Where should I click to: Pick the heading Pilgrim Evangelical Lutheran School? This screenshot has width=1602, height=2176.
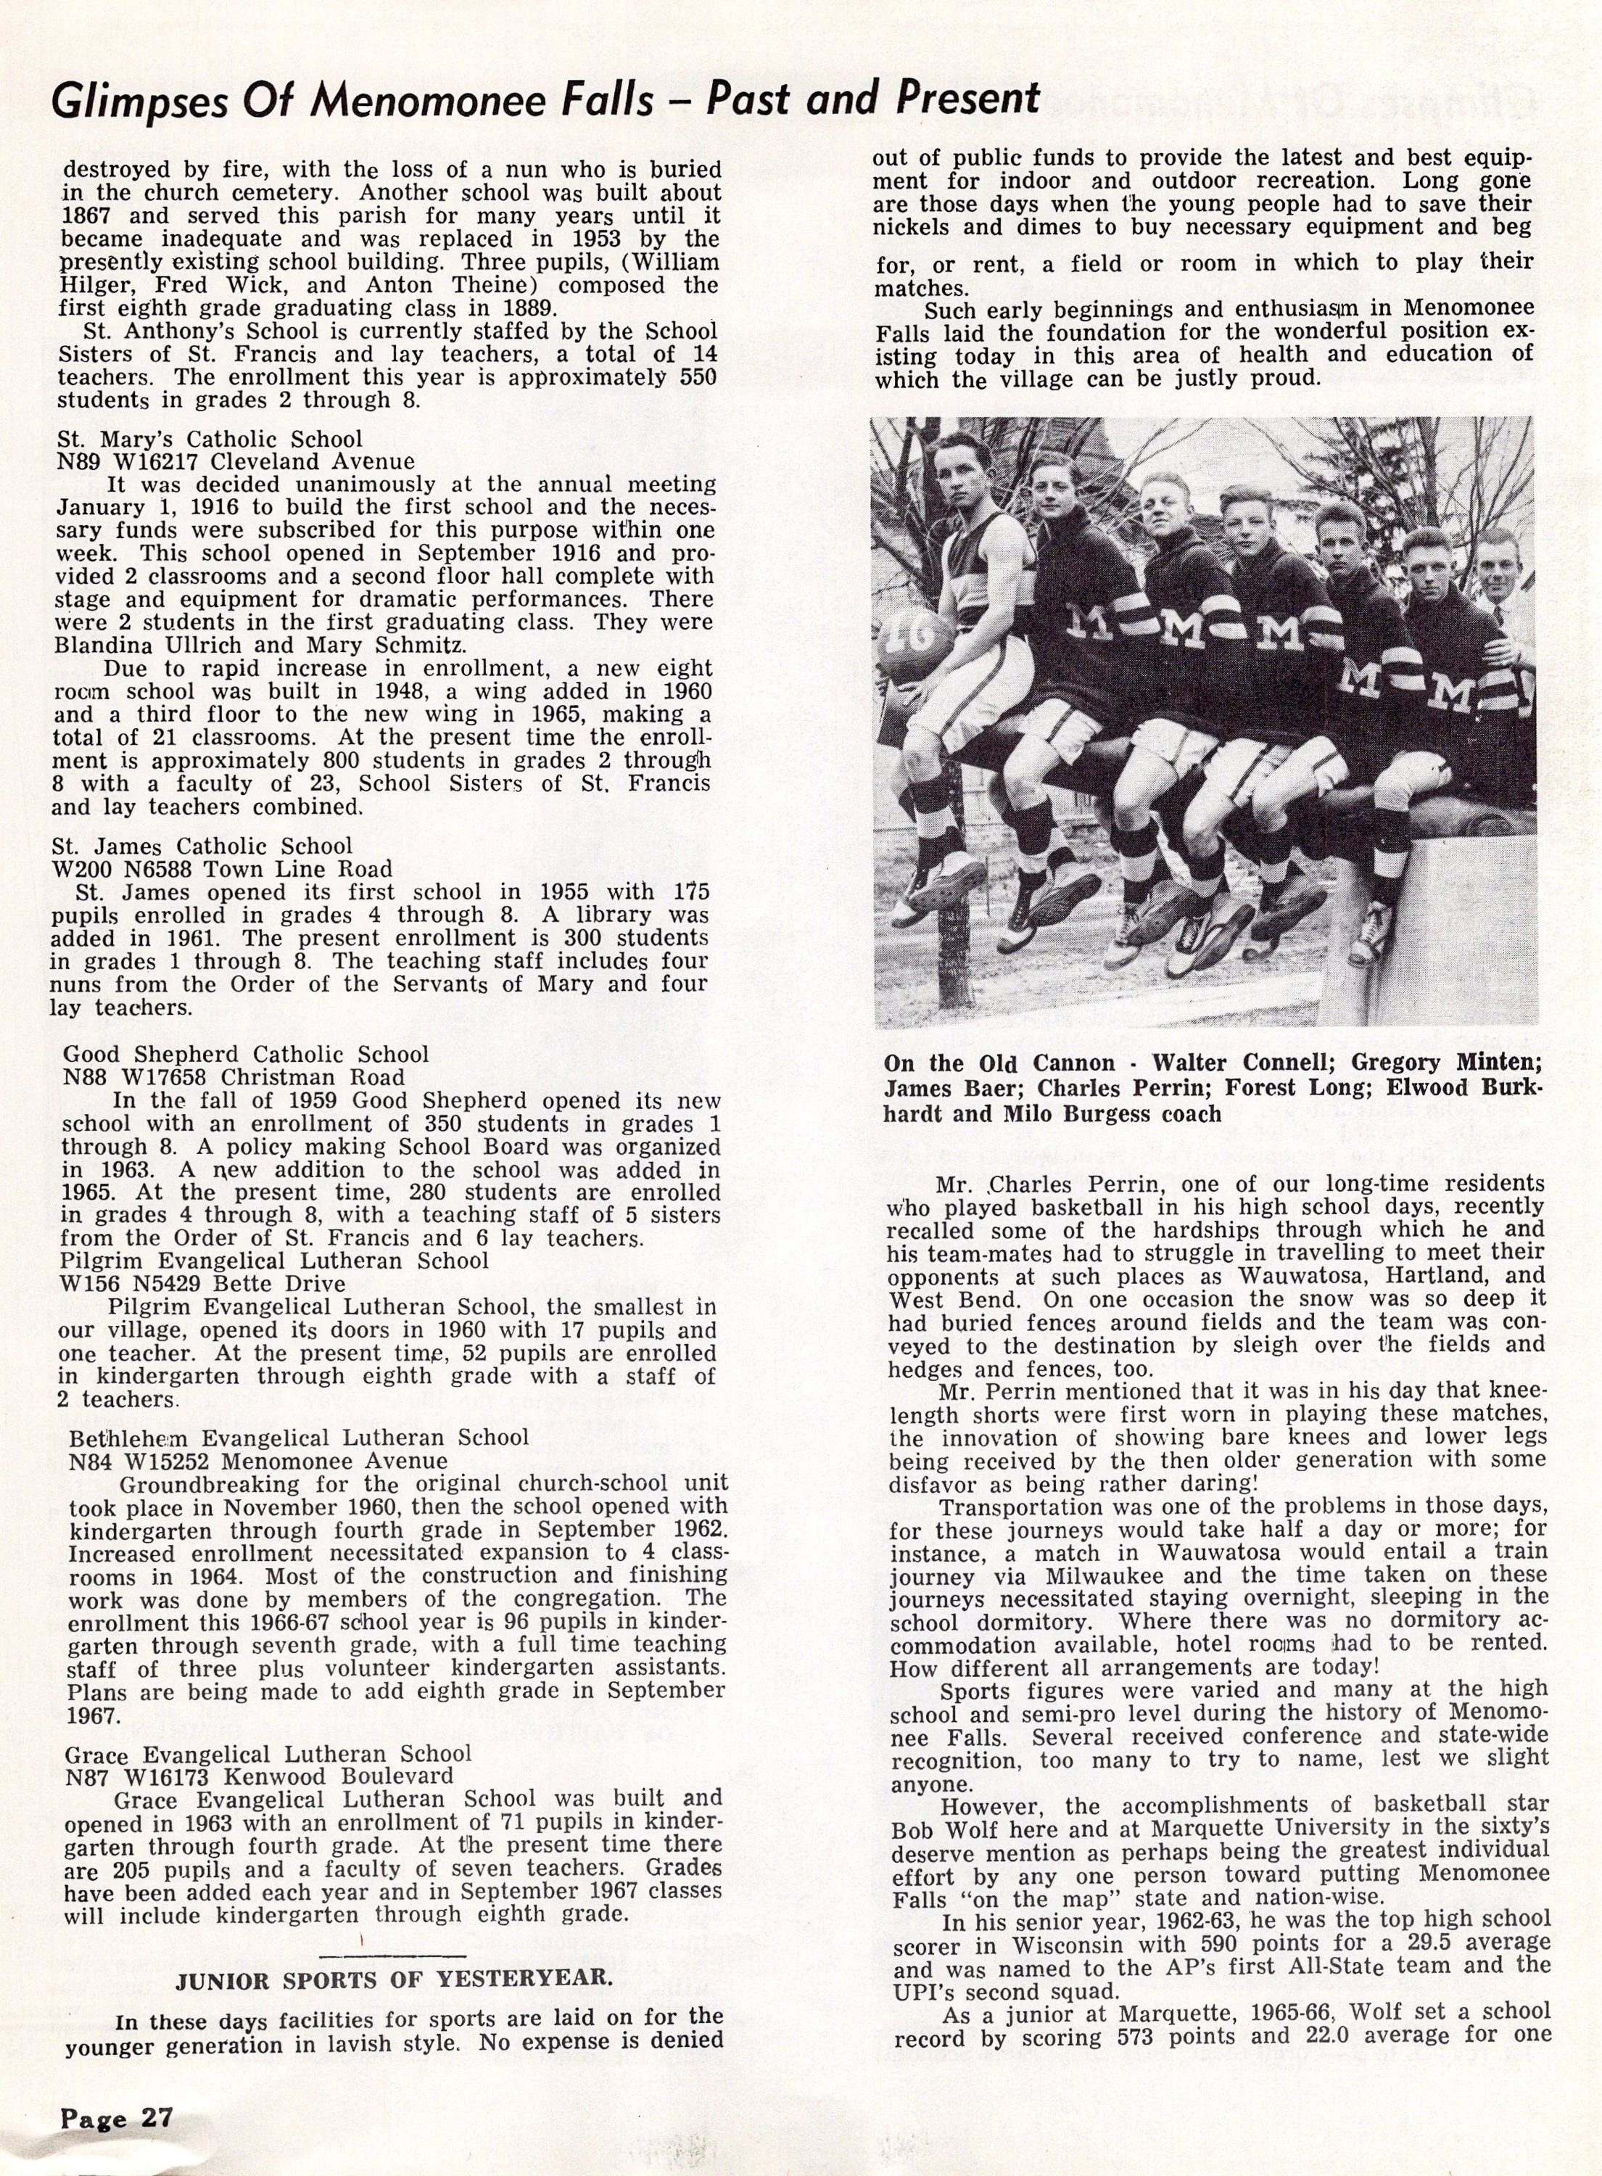coord(274,1261)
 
